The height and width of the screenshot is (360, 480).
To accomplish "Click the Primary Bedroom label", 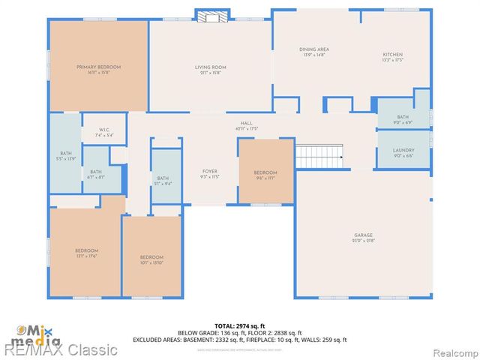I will tap(98, 67).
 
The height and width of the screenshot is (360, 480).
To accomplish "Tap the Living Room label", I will tap(211, 67).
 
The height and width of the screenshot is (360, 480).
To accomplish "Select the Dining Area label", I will tap(314, 50).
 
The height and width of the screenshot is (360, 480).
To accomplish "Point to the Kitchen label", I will tap(393, 55).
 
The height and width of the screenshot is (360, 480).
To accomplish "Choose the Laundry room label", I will tap(403, 150).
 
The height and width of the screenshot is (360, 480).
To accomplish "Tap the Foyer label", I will tap(210, 172).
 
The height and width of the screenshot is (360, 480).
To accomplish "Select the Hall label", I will tap(247, 124).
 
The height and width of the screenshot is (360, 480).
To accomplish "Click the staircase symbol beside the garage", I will tap(319, 157).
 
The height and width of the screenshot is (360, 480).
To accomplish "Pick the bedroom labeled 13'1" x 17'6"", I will tap(86, 251).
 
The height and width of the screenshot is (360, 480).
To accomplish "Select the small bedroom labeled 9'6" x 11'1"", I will tap(266, 173).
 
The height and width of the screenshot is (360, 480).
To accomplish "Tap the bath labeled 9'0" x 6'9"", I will tap(403, 117).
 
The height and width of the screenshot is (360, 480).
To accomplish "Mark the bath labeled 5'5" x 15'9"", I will tap(66, 154).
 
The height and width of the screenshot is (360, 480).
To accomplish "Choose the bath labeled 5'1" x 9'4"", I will tap(163, 178).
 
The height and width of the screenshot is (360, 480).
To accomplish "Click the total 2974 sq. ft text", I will tap(239, 327).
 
